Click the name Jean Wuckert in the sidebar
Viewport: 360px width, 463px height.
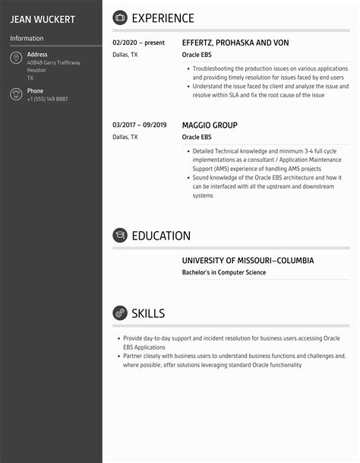coord(43,19)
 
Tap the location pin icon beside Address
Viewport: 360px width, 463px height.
coord(16,59)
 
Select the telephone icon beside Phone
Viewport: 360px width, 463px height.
coord(16,94)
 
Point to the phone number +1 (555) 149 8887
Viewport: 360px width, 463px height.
coord(47,99)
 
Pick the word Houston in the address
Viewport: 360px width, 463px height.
coord(36,71)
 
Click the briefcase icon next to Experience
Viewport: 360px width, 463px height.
coord(120,18)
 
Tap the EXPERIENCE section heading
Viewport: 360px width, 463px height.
coord(163,18)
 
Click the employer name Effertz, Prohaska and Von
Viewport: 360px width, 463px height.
coord(235,43)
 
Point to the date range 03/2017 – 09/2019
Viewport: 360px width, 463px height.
coord(139,125)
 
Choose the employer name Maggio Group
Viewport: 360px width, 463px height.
coord(210,125)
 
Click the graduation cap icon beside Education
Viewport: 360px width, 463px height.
coord(120,236)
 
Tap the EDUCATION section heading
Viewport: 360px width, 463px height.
coord(161,236)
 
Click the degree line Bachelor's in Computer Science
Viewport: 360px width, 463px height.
coord(224,272)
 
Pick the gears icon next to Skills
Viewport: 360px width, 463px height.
coord(120,313)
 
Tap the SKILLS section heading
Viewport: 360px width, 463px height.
coord(148,313)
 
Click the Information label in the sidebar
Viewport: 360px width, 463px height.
coord(27,38)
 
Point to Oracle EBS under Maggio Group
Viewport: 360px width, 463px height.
coord(197,137)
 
